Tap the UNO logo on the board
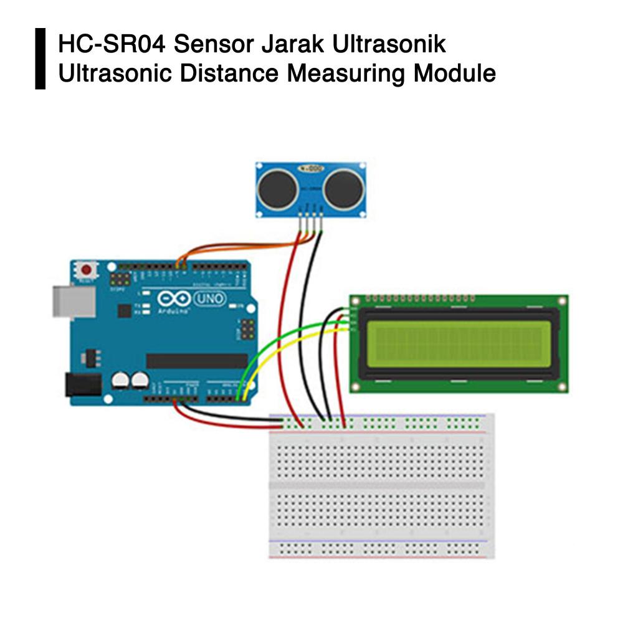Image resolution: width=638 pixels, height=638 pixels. click(x=211, y=299)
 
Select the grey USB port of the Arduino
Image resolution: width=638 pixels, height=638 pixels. click(x=74, y=302)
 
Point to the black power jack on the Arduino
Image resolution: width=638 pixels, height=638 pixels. click(x=83, y=384)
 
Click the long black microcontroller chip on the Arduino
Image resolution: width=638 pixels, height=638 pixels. click(x=197, y=361)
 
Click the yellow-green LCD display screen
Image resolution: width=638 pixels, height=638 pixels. click(x=459, y=344)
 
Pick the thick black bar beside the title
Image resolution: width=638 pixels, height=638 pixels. click(x=40, y=59)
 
